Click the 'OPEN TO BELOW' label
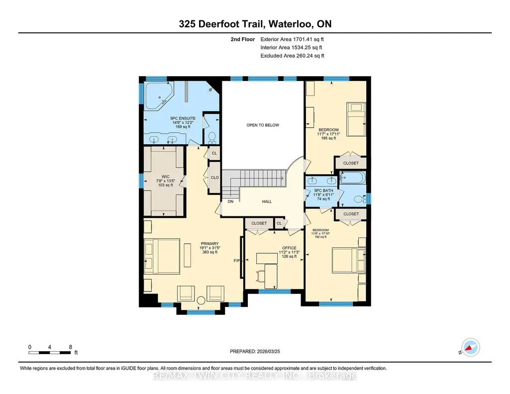(x=263, y=125)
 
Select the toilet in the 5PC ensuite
(x=212, y=137)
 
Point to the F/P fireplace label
(x=237, y=261)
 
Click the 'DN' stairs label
(x=230, y=201)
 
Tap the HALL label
(x=267, y=201)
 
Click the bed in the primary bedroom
(x=162, y=256)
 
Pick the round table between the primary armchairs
(x=201, y=300)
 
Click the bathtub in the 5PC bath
(x=353, y=178)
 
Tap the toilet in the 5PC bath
(x=359, y=198)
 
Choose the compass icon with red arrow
(x=471, y=347)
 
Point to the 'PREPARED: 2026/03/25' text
(x=255, y=351)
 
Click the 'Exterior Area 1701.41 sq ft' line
(x=292, y=39)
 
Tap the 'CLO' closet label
(x=214, y=178)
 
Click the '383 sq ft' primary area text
(x=210, y=252)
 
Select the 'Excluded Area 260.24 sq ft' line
(x=293, y=56)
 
